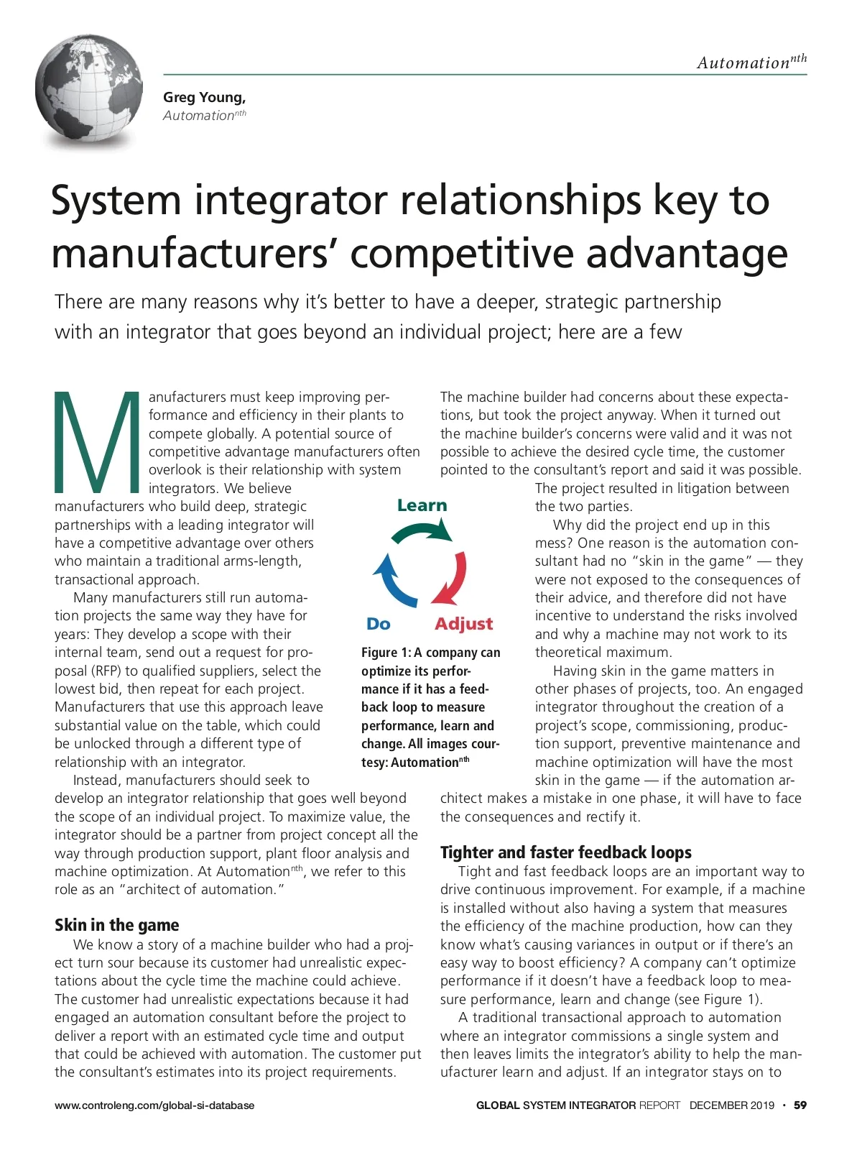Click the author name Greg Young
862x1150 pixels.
point(204,97)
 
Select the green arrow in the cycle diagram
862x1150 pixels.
point(422,531)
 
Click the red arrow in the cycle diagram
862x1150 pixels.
point(452,579)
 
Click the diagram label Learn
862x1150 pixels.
point(422,505)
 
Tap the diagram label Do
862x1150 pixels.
point(378,624)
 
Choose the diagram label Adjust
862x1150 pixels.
point(463,624)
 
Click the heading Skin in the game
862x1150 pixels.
point(116,925)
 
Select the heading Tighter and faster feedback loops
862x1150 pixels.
point(565,852)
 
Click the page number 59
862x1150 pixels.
point(800,1105)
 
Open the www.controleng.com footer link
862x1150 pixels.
point(154,1105)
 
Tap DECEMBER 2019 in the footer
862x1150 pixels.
point(731,1105)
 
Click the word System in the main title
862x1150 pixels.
point(115,201)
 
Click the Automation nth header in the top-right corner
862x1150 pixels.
point(751,63)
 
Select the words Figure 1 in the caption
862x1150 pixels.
point(386,653)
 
